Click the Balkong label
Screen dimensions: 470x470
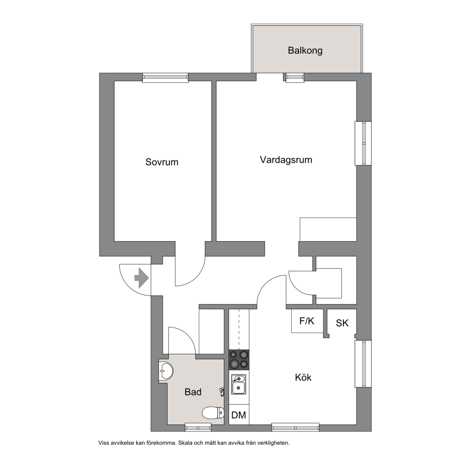(305, 50)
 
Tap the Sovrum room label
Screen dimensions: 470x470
(162, 162)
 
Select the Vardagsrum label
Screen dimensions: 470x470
(286, 160)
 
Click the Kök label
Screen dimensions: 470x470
(303, 377)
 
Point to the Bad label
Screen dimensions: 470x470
(193, 392)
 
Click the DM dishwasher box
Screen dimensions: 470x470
(239, 415)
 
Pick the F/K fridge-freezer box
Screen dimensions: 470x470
(307, 321)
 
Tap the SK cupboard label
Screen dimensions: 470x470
(342, 323)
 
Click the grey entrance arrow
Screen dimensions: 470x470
(142, 278)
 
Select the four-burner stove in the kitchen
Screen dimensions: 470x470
(239, 360)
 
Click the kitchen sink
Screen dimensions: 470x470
(239, 385)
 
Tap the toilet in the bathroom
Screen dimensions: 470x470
(213, 413)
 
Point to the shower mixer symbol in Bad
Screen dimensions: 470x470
(222, 392)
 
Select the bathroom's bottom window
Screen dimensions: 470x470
(198, 427)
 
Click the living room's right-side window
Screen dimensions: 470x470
(363, 143)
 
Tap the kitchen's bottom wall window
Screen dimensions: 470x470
(295, 427)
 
